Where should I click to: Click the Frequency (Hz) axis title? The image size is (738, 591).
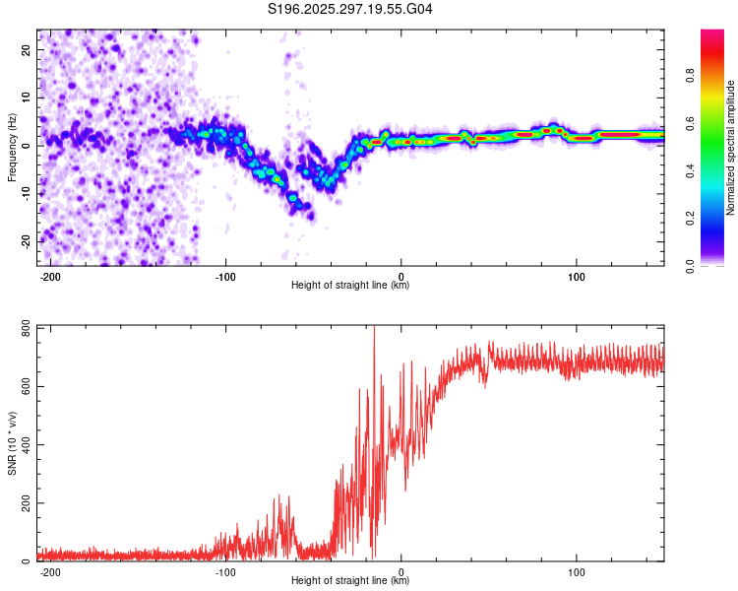12,147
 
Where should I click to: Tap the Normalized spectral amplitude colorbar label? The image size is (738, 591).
731,149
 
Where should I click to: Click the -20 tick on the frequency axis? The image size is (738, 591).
26,241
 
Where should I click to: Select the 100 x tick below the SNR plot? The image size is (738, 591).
577,571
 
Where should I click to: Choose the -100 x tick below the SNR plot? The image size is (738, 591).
225,571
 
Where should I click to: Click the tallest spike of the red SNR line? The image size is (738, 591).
374,328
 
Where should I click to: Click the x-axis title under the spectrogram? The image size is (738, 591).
350,286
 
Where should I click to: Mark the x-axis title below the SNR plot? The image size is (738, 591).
350,581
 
